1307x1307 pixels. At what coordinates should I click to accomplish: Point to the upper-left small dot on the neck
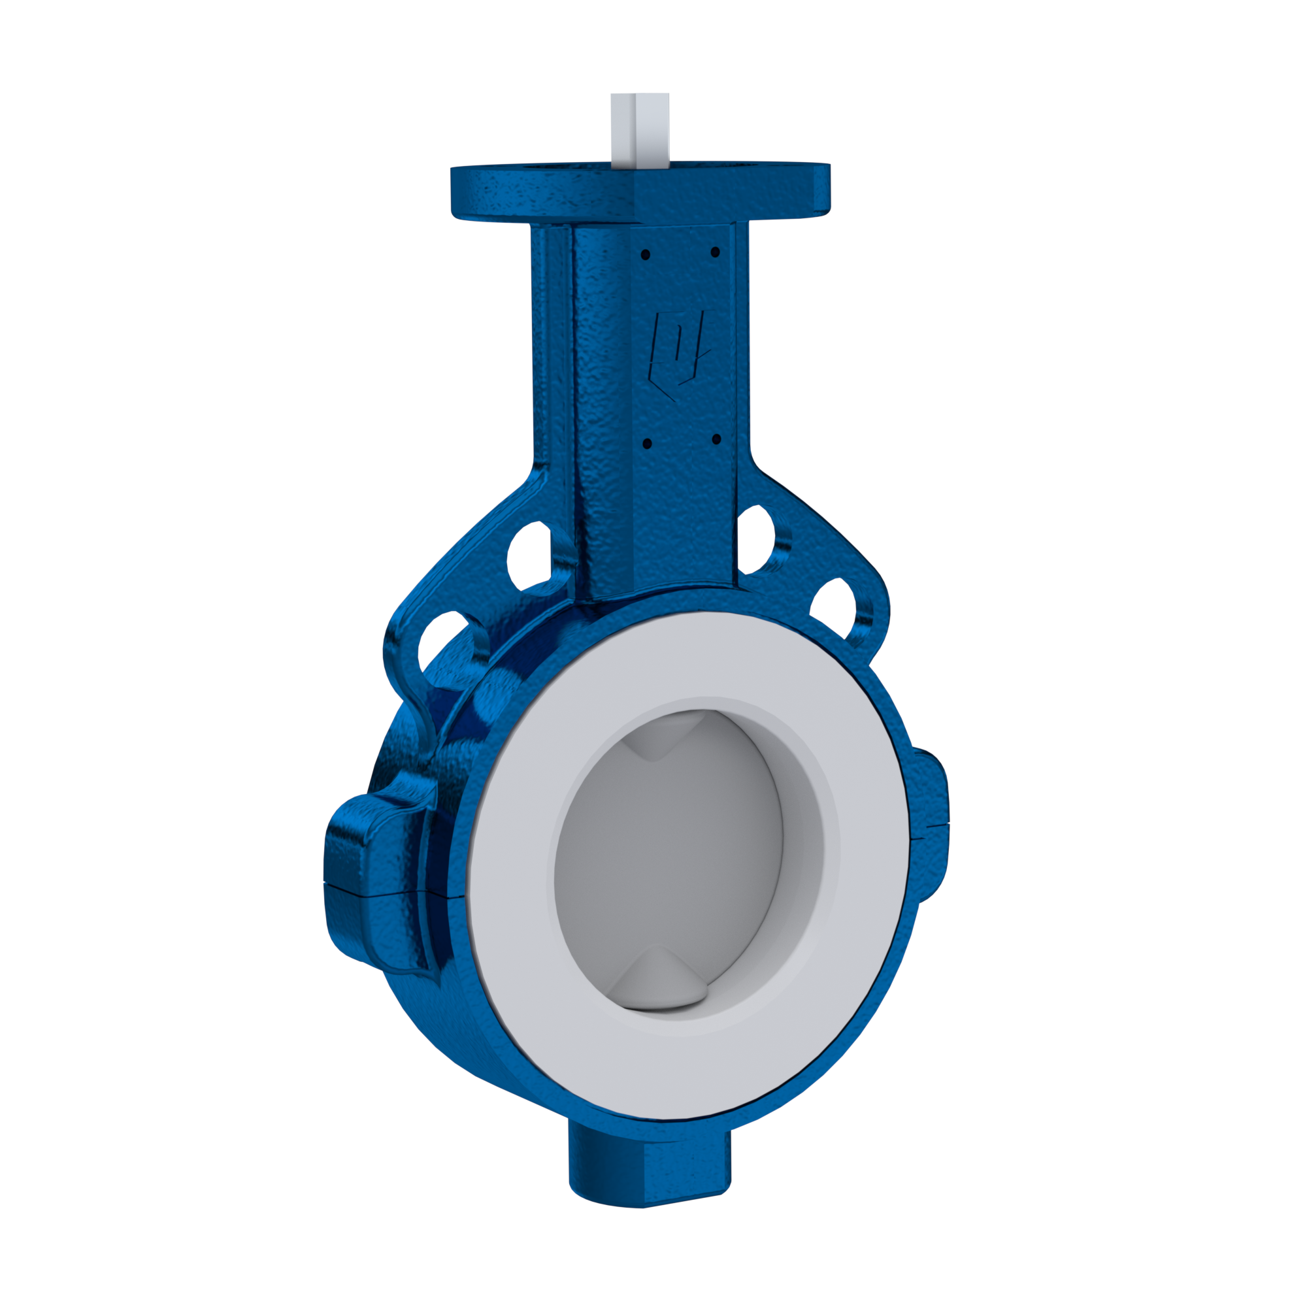pos(646,254)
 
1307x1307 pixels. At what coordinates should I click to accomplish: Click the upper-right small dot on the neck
pos(716,253)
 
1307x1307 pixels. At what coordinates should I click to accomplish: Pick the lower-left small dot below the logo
pos(646,444)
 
